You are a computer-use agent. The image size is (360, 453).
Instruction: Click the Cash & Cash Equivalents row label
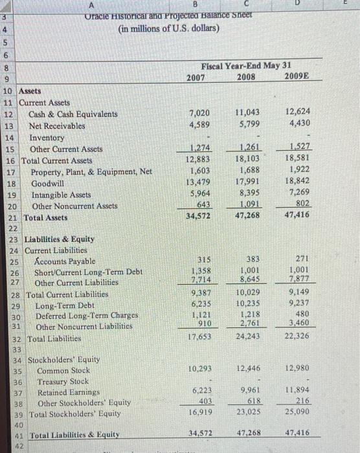click(73, 114)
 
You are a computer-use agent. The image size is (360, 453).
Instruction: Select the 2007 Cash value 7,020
click(199, 114)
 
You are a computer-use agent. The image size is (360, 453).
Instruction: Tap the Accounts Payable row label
click(64, 261)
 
